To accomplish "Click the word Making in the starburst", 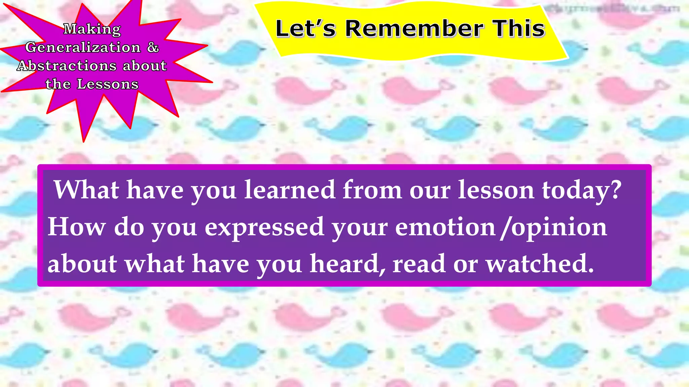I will [92, 29].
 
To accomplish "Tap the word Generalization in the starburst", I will [83, 47].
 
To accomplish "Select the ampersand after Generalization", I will [153, 47].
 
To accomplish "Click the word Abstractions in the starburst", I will [67, 66].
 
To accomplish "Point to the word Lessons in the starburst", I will [108, 84].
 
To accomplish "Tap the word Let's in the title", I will [305, 29].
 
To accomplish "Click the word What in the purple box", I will [86, 190].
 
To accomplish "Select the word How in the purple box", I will [77, 227].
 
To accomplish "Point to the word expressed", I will [264, 228].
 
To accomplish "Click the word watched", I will [539, 264].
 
